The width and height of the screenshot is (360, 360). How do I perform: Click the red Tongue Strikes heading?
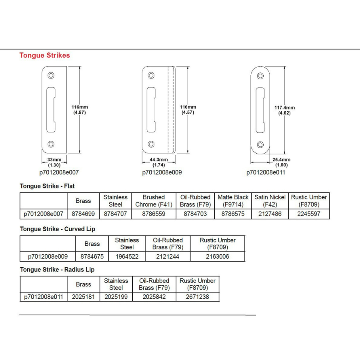tap(44, 55)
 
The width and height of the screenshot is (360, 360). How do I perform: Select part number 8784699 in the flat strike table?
tap(83, 214)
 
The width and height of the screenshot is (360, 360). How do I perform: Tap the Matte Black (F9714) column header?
tap(233, 201)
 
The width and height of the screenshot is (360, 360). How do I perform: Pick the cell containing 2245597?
tap(309, 214)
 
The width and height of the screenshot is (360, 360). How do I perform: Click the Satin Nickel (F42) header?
tap(270, 201)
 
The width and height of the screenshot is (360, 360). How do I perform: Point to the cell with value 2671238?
tap(198, 297)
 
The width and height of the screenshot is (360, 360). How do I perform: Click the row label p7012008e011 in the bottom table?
tap(44, 297)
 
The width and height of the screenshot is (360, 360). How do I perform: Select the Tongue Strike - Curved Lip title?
tap(58, 229)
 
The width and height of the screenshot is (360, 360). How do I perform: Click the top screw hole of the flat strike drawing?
tap(51, 75)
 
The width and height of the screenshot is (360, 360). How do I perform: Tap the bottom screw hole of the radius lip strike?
tap(260, 144)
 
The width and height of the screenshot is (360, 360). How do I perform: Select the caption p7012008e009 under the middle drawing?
tap(162, 173)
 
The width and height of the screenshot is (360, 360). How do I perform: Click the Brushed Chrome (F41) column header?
tap(154, 201)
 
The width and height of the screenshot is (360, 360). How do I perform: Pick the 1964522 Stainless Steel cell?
tap(127, 256)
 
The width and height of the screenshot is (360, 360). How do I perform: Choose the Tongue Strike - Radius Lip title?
tap(57, 270)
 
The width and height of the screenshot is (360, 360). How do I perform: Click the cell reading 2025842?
tap(154, 297)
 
